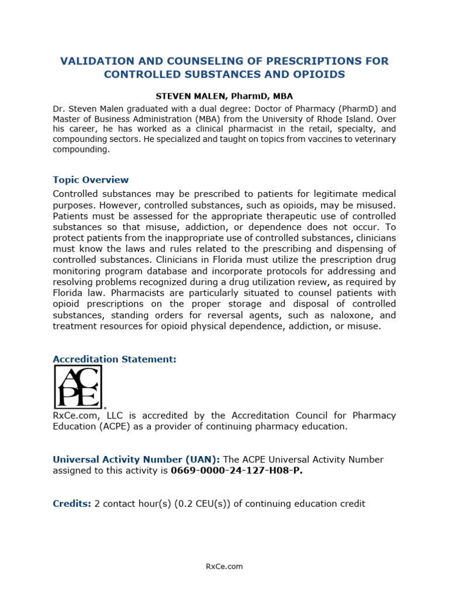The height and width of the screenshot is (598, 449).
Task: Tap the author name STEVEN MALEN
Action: coord(185,96)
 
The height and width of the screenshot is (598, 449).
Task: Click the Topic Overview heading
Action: coord(91,180)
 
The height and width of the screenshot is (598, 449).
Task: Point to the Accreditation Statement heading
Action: coord(115,359)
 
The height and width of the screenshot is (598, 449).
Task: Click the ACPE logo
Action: coord(78,387)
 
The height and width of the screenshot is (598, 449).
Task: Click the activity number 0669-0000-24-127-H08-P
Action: coord(237,471)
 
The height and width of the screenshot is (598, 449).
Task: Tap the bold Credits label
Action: coord(72,503)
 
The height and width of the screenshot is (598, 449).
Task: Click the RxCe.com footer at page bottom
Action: coord(224,566)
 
